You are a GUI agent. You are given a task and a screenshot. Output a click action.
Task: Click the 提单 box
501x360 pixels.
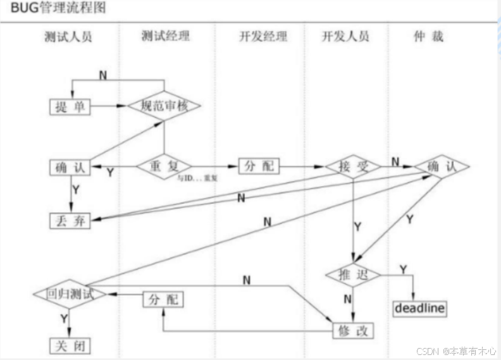(x=70, y=107)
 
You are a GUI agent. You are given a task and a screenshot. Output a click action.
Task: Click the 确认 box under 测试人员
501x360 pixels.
(x=70, y=167)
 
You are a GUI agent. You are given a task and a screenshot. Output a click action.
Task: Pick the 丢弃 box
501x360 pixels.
(x=70, y=220)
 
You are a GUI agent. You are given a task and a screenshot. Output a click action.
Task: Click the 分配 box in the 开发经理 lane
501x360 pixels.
(x=259, y=166)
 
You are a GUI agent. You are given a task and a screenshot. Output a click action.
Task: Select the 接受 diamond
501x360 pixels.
(x=352, y=166)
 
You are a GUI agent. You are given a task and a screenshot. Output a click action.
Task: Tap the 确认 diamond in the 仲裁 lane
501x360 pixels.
(x=442, y=166)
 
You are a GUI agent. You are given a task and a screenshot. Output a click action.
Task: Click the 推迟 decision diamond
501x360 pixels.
(x=352, y=275)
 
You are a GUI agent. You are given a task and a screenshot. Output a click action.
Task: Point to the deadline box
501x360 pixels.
(x=420, y=308)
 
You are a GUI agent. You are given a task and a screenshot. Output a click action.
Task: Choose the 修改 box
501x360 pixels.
(x=352, y=330)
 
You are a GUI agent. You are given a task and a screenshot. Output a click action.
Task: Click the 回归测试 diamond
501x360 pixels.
(x=70, y=294)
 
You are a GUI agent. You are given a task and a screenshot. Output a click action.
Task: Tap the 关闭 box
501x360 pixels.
(x=70, y=346)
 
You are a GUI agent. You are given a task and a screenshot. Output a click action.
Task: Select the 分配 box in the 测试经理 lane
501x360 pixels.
(x=163, y=299)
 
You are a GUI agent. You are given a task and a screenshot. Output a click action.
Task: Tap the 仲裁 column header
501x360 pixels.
(x=428, y=37)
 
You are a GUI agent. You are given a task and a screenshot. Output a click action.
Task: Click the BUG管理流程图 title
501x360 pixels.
(x=54, y=8)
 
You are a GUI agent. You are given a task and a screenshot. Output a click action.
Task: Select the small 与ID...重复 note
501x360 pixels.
(x=198, y=179)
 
